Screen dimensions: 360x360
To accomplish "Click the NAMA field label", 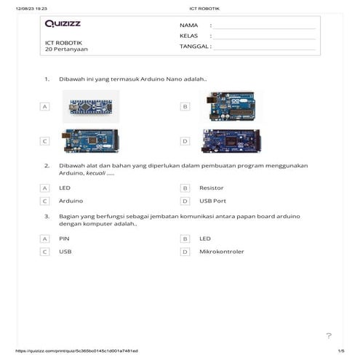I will (188, 25).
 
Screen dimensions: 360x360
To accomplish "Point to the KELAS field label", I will (189, 35).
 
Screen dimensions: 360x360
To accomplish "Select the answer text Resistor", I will (211, 188).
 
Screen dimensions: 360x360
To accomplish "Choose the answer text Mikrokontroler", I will (221, 252).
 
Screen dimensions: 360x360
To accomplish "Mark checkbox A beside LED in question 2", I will (44, 188).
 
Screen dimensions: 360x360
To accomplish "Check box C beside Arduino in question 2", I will (44, 201).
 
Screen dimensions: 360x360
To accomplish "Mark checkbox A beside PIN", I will (44, 239).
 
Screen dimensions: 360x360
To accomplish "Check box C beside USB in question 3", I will (44, 252).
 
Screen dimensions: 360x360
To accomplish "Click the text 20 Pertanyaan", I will (65, 50).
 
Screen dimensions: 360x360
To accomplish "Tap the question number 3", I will (47, 216).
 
